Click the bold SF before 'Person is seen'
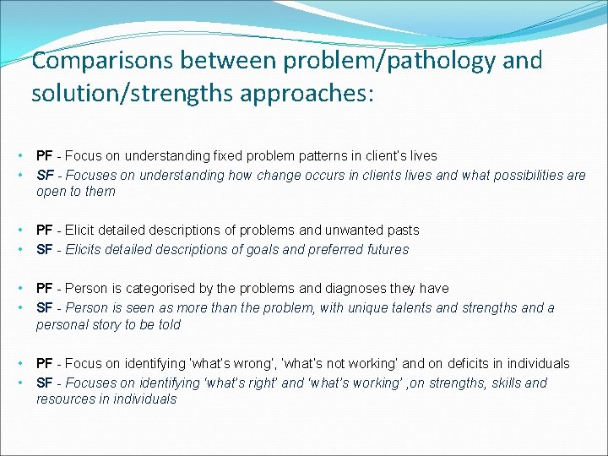tap(44, 308)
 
